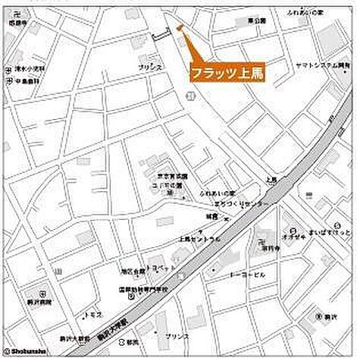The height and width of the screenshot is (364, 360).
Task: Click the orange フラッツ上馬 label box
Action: click(x=227, y=73)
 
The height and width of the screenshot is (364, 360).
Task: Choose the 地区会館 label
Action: click(x=126, y=270)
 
